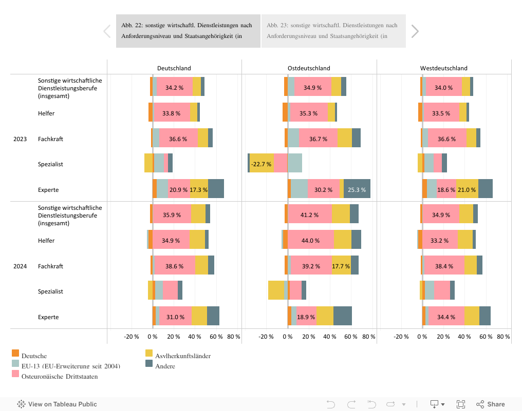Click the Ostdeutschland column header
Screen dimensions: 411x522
(309, 68)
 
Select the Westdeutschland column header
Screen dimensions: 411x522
(444, 68)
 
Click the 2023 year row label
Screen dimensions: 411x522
(21, 139)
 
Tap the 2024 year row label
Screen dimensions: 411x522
(21, 266)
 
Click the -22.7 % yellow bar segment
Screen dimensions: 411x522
(262, 164)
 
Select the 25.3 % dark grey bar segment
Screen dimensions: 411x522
(357, 190)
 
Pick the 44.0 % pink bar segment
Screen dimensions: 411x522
(310, 241)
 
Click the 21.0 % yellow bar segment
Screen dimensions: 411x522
(467, 190)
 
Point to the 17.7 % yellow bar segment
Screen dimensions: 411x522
(341, 266)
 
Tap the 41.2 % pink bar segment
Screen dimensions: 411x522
(310, 215)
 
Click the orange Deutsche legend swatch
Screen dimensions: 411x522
(15, 353)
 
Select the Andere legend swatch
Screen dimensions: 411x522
(149, 363)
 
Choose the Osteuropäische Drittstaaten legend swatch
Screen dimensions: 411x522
(15, 374)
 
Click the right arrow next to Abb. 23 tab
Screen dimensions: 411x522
(415, 31)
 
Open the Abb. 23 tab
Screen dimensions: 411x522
(333, 31)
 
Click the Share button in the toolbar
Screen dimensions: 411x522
(491, 404)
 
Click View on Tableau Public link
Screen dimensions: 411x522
(57, 404)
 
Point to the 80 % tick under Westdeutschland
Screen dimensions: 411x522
(504, 337)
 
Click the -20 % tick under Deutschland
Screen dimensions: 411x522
(132, 337)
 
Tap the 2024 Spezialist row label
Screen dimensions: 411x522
(50, 291)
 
